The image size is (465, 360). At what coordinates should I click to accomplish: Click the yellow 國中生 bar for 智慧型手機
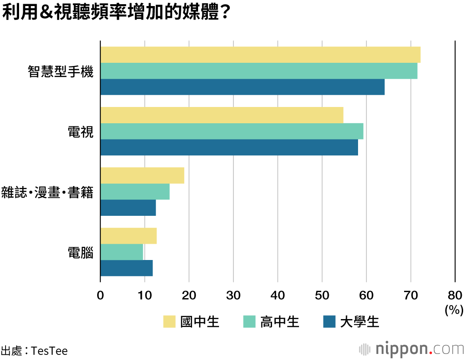click(x=260, y=55)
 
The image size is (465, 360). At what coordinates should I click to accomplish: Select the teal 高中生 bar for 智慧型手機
click(x=259, y=71)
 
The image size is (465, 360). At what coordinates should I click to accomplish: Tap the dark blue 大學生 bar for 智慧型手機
click(x=242, y=87)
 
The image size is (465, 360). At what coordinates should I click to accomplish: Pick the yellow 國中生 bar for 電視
click(x=222, y=115)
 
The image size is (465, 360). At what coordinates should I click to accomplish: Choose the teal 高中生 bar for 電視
click(x=232, y=131)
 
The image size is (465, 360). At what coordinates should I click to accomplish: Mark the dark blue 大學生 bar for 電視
click(x=229, y=147)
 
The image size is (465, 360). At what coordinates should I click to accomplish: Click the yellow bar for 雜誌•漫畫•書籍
click(x=142, y=175)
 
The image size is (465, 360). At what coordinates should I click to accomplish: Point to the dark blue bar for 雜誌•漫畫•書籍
click(x=128, y=208)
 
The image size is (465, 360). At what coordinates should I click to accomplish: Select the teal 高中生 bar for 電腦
click(x=122, y=252)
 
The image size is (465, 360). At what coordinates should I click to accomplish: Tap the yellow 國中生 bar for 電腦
click(x=128, y=236)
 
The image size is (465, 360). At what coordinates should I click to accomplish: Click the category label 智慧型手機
click(x=60, y=72)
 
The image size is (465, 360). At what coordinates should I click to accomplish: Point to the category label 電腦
click(x=80, y=253)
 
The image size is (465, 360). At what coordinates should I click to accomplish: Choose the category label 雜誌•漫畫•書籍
click(x=47, y=193)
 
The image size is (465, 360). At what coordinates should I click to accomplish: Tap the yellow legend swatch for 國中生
click(x=169, y=321)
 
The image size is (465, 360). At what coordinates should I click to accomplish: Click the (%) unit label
click(x=454, y=310)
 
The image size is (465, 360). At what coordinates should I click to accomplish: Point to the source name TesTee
click(x=49, y=351)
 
